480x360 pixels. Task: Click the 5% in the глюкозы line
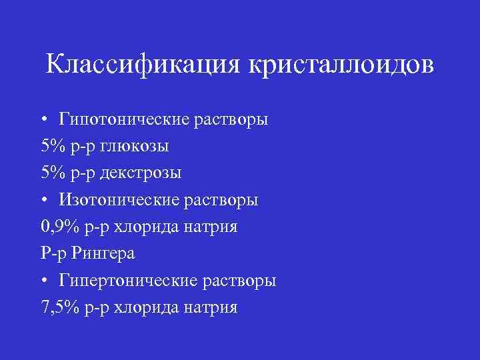pos(51,146)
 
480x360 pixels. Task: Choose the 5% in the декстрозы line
pos(51,173)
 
